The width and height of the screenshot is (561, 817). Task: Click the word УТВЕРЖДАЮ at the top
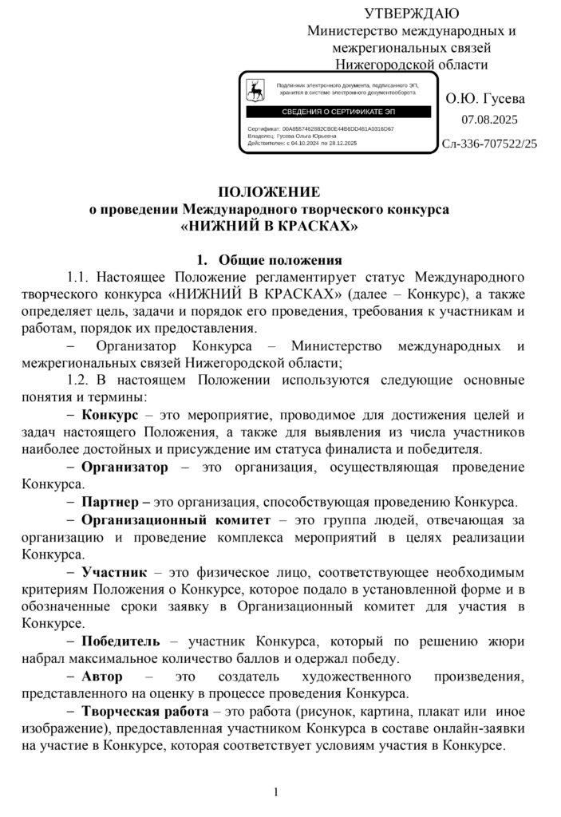pyautogui.click(x=412, y=13)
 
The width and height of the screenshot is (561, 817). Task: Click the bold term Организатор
pyautogui.click(x=125, y=467)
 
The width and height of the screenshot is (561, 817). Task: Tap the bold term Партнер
pyautogui.click(x=111, y=502)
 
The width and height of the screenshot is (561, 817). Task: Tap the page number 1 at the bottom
pyautogui.click(x=275, y=791)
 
